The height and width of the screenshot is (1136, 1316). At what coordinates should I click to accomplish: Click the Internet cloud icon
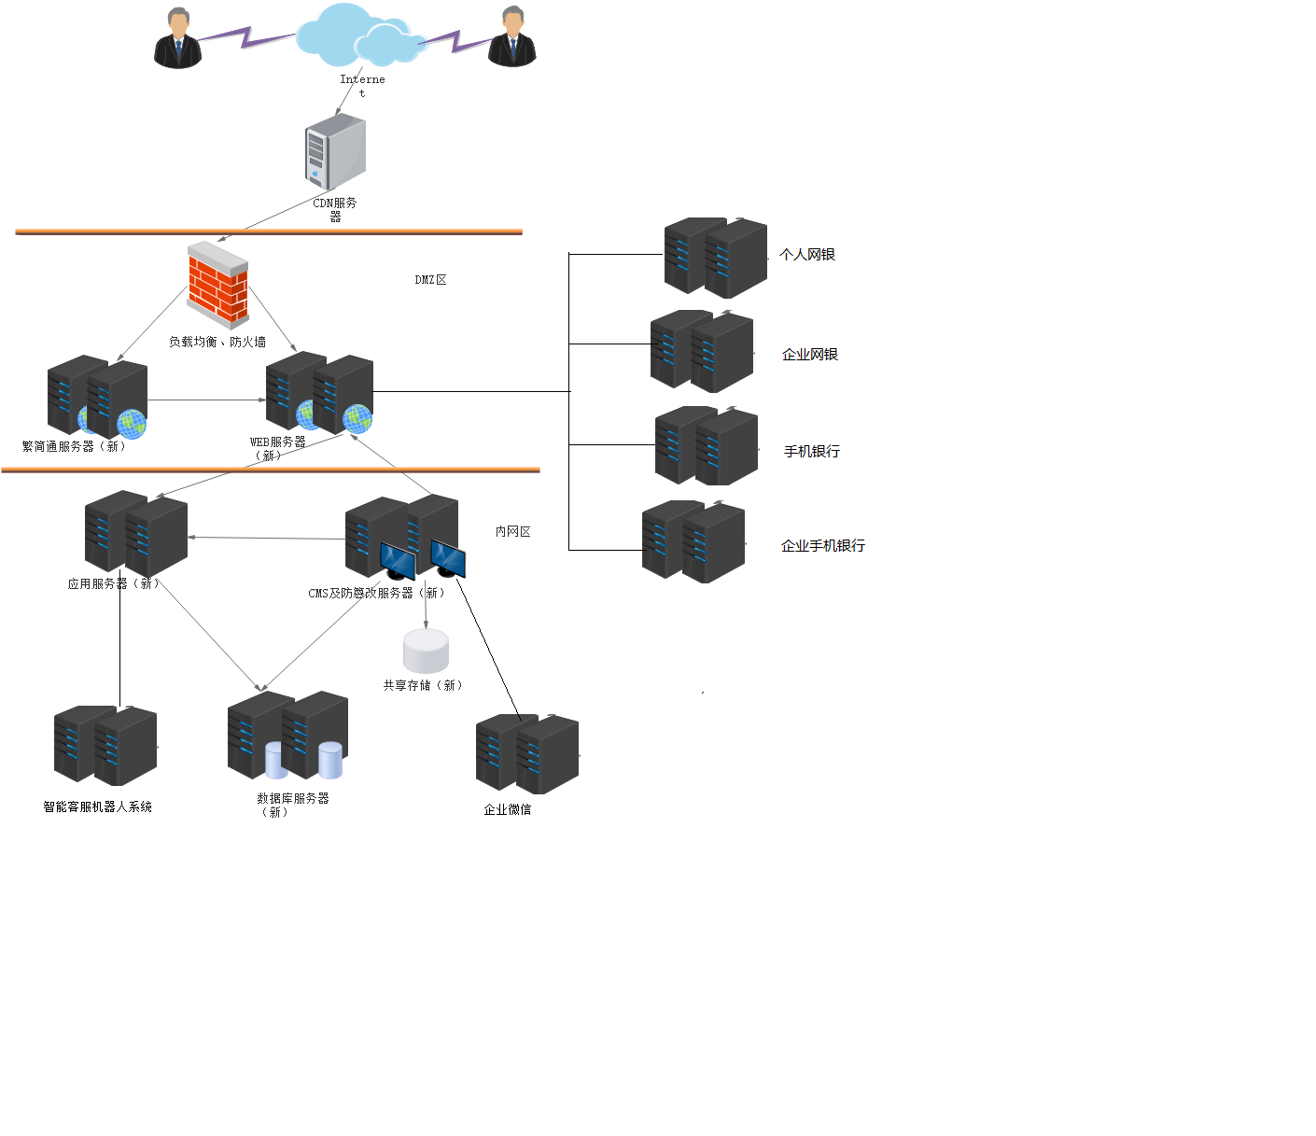(359, 35)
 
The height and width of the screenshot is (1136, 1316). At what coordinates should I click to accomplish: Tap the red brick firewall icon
(218, 286)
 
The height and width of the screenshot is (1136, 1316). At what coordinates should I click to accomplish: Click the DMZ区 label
(430, 280)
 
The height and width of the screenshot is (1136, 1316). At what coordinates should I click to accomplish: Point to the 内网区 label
(512, 532)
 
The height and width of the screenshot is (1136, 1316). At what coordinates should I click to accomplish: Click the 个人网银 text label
(807, 255)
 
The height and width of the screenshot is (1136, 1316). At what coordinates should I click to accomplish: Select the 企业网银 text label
(810, 355)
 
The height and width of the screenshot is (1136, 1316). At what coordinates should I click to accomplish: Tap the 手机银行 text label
(812, 452)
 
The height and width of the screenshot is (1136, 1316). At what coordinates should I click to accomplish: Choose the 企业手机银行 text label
(823, 546)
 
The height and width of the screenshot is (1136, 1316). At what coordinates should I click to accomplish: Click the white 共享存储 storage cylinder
(426, 651)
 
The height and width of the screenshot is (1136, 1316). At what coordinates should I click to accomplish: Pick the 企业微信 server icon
(527, 753)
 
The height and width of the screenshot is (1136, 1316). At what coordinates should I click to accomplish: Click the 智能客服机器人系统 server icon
(105, 745)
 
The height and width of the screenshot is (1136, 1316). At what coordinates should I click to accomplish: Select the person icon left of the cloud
(177, 38)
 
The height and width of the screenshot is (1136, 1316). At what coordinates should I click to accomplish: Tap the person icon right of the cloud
(512, 37)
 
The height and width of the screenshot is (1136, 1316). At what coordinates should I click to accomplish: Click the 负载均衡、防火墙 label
(217, 343)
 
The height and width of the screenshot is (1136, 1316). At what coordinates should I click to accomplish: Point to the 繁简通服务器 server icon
(98, 397)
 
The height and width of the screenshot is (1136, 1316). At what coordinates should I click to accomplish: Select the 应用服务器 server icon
(136, 533)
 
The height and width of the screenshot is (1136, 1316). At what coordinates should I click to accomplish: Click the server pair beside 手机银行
(707, 446)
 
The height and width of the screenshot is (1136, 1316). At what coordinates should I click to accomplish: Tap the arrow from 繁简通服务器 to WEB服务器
(206, 400)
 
